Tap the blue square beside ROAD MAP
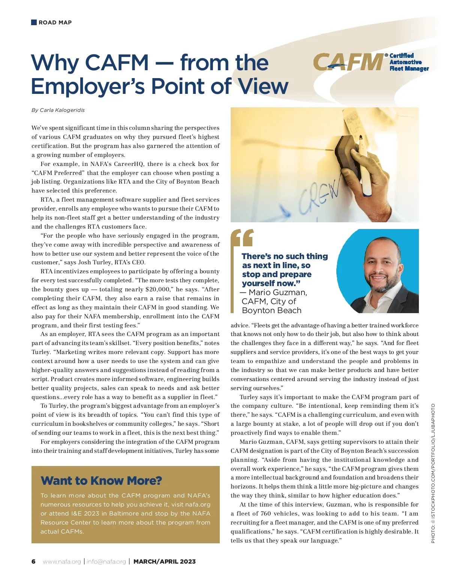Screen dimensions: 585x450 click(x=34, y=22)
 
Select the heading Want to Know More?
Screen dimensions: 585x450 click(x=101, y=481)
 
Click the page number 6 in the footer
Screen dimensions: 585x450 click(x=33, y=561)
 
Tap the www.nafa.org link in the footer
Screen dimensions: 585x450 click(x=62, y=561)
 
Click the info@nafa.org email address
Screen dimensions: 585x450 click(x=106, y=561)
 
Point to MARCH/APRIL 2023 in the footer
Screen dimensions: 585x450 click(x=165, y=561)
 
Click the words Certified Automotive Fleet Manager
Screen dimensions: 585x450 click(x=409, y=62)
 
